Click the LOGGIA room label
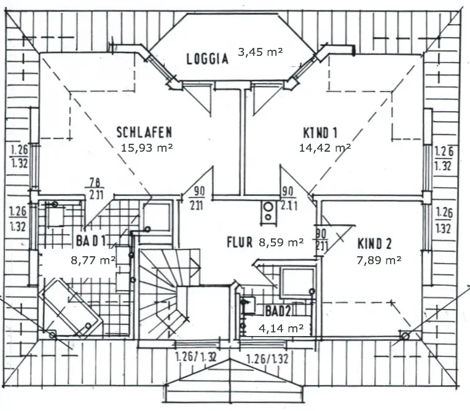(207, 59)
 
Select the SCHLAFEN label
(144, 131)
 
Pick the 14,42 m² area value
(324, 147)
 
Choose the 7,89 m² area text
(378, 260)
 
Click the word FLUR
(239, 242)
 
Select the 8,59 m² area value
(281, 242)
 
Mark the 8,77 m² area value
(93, 260)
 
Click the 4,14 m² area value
(281, 328)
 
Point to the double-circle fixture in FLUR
(268, 212)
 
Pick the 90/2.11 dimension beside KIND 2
(321, 240)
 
